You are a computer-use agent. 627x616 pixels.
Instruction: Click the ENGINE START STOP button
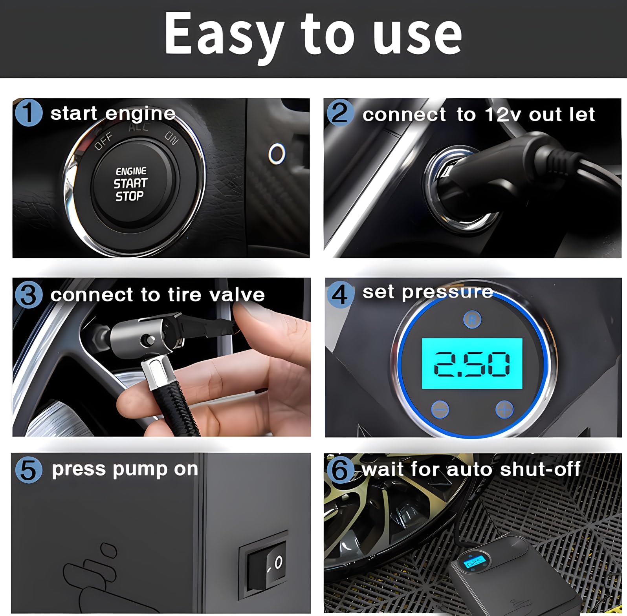131,184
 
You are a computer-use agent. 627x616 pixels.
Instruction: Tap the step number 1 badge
28,113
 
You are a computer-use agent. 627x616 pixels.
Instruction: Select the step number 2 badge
340,113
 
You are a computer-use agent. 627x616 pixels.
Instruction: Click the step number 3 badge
28,294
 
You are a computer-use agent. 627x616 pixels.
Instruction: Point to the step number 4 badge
340,294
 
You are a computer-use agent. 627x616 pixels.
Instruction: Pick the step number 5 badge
28,469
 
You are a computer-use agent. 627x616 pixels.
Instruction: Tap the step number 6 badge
340,469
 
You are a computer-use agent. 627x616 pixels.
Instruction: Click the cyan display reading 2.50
472,364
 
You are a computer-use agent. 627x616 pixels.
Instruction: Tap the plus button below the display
504,409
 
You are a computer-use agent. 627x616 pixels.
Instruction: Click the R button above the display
472,320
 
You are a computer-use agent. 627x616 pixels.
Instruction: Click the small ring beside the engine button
277,154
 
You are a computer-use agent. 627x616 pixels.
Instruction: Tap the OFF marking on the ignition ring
103,141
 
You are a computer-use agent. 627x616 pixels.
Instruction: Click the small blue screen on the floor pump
475,562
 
